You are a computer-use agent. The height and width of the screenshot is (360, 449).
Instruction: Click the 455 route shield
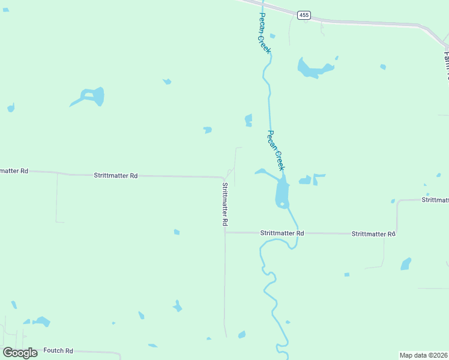pyautogui.click(x=304, y=15)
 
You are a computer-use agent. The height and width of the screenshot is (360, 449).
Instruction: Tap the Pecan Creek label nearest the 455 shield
pyautogui.click(x=264, y=32)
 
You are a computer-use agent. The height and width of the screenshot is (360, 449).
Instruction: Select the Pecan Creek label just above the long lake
pyautogui.click(x=276, y=150)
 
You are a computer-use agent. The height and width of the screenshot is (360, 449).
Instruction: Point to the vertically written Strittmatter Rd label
pyautogui.click(x=225, y=204)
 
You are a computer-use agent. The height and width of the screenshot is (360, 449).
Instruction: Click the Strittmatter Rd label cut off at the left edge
pyautogui.click(x=13, y=171)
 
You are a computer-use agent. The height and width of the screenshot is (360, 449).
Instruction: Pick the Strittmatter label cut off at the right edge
pyautogui.click(x=435, y=200)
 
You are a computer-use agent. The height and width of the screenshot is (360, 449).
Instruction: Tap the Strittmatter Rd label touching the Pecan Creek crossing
pyautogui.click(x=282, y=233)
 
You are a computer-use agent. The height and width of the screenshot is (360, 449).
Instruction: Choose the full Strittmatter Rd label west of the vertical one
pyautogui.click(x=116, y=176)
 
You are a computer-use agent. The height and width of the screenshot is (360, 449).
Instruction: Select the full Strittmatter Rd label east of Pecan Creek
pyautogui.click(x=373, y=233)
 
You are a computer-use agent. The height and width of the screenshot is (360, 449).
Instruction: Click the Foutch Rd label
pyautogui.click(x=61, y=351)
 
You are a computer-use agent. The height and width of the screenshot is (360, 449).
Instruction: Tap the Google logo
pyautogui.click(x=20, y=353)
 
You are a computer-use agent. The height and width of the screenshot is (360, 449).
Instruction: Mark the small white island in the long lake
pyautogui.click(x=282, y=204)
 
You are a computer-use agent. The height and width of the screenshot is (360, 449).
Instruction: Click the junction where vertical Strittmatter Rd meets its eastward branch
pyautogui.click(x=225, y=232)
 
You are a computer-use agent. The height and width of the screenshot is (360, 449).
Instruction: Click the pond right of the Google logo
pyautogui.click(x=41, y=322)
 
